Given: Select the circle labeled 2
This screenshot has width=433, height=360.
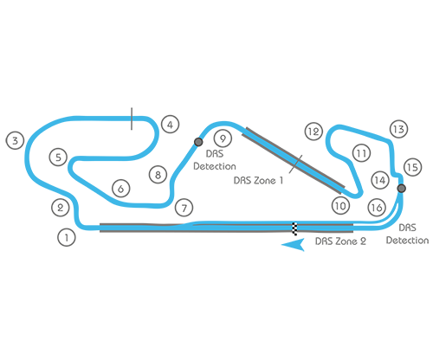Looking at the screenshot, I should [x=60, y=208].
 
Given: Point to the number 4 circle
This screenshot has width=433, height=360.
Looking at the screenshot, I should [x=170, y=125].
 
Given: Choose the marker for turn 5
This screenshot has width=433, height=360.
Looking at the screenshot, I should [x=57, y=157].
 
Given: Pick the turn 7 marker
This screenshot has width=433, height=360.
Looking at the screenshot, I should [x=183, y=208].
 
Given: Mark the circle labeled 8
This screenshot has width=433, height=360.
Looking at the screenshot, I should [x=157, y=175].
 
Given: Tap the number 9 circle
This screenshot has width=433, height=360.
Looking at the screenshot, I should [x=223, y=138].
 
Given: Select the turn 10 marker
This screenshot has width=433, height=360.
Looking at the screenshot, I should [x=339, y=206].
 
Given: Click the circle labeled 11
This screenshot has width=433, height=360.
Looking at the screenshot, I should [x=360, y=153].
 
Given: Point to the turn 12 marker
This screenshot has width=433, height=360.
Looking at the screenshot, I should [x=313, y=132].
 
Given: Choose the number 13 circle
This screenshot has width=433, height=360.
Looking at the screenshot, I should [x=397, y=129].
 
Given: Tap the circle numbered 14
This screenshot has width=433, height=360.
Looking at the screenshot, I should [x=379, y=180].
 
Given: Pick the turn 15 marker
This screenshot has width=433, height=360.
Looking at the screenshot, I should [x=411, y=165].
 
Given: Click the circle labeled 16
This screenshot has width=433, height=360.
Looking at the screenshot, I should [x=375, y=207].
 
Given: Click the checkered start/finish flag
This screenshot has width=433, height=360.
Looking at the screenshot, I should [x=296, y=230].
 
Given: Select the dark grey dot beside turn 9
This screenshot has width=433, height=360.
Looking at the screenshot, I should [x=199, y=142].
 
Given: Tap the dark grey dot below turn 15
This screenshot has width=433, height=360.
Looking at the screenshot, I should [x=403, y=187].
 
